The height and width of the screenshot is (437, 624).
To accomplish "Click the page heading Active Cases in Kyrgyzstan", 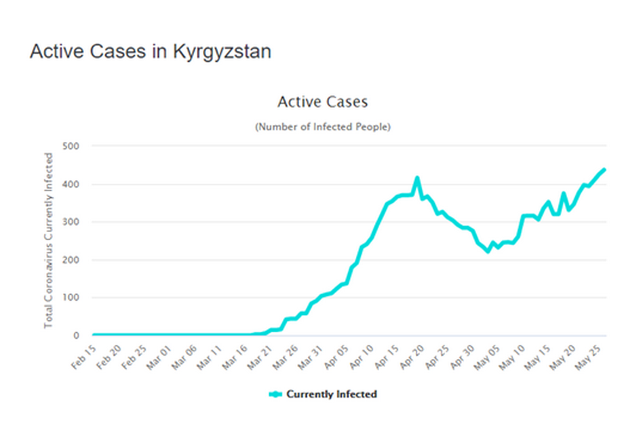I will click(x=151, y=52).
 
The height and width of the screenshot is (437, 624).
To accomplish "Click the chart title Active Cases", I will click(x=322, y=102).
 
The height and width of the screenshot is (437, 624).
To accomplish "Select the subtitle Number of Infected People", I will click(x=322, y=127).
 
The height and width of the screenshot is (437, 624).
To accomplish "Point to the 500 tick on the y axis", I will click(x=71, y=146).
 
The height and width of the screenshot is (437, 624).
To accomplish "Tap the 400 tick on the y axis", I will click(x=71, y=184).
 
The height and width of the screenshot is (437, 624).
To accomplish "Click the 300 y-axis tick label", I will click(x=71, y=222).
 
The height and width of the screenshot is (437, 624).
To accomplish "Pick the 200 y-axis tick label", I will click(x=71, y=260).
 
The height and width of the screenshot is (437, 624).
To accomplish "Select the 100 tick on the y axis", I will click(x=71, y=298).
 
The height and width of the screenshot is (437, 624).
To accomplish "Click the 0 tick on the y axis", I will click(x=76, y=336).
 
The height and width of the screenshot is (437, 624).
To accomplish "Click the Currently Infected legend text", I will click(x=331, y=394).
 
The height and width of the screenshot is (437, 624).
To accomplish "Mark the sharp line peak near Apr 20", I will click(x=417, y=178).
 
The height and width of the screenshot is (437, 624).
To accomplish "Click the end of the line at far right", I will click(x=604, y=170).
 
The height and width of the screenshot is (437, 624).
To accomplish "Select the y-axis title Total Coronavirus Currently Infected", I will click(x=49, y=240).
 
